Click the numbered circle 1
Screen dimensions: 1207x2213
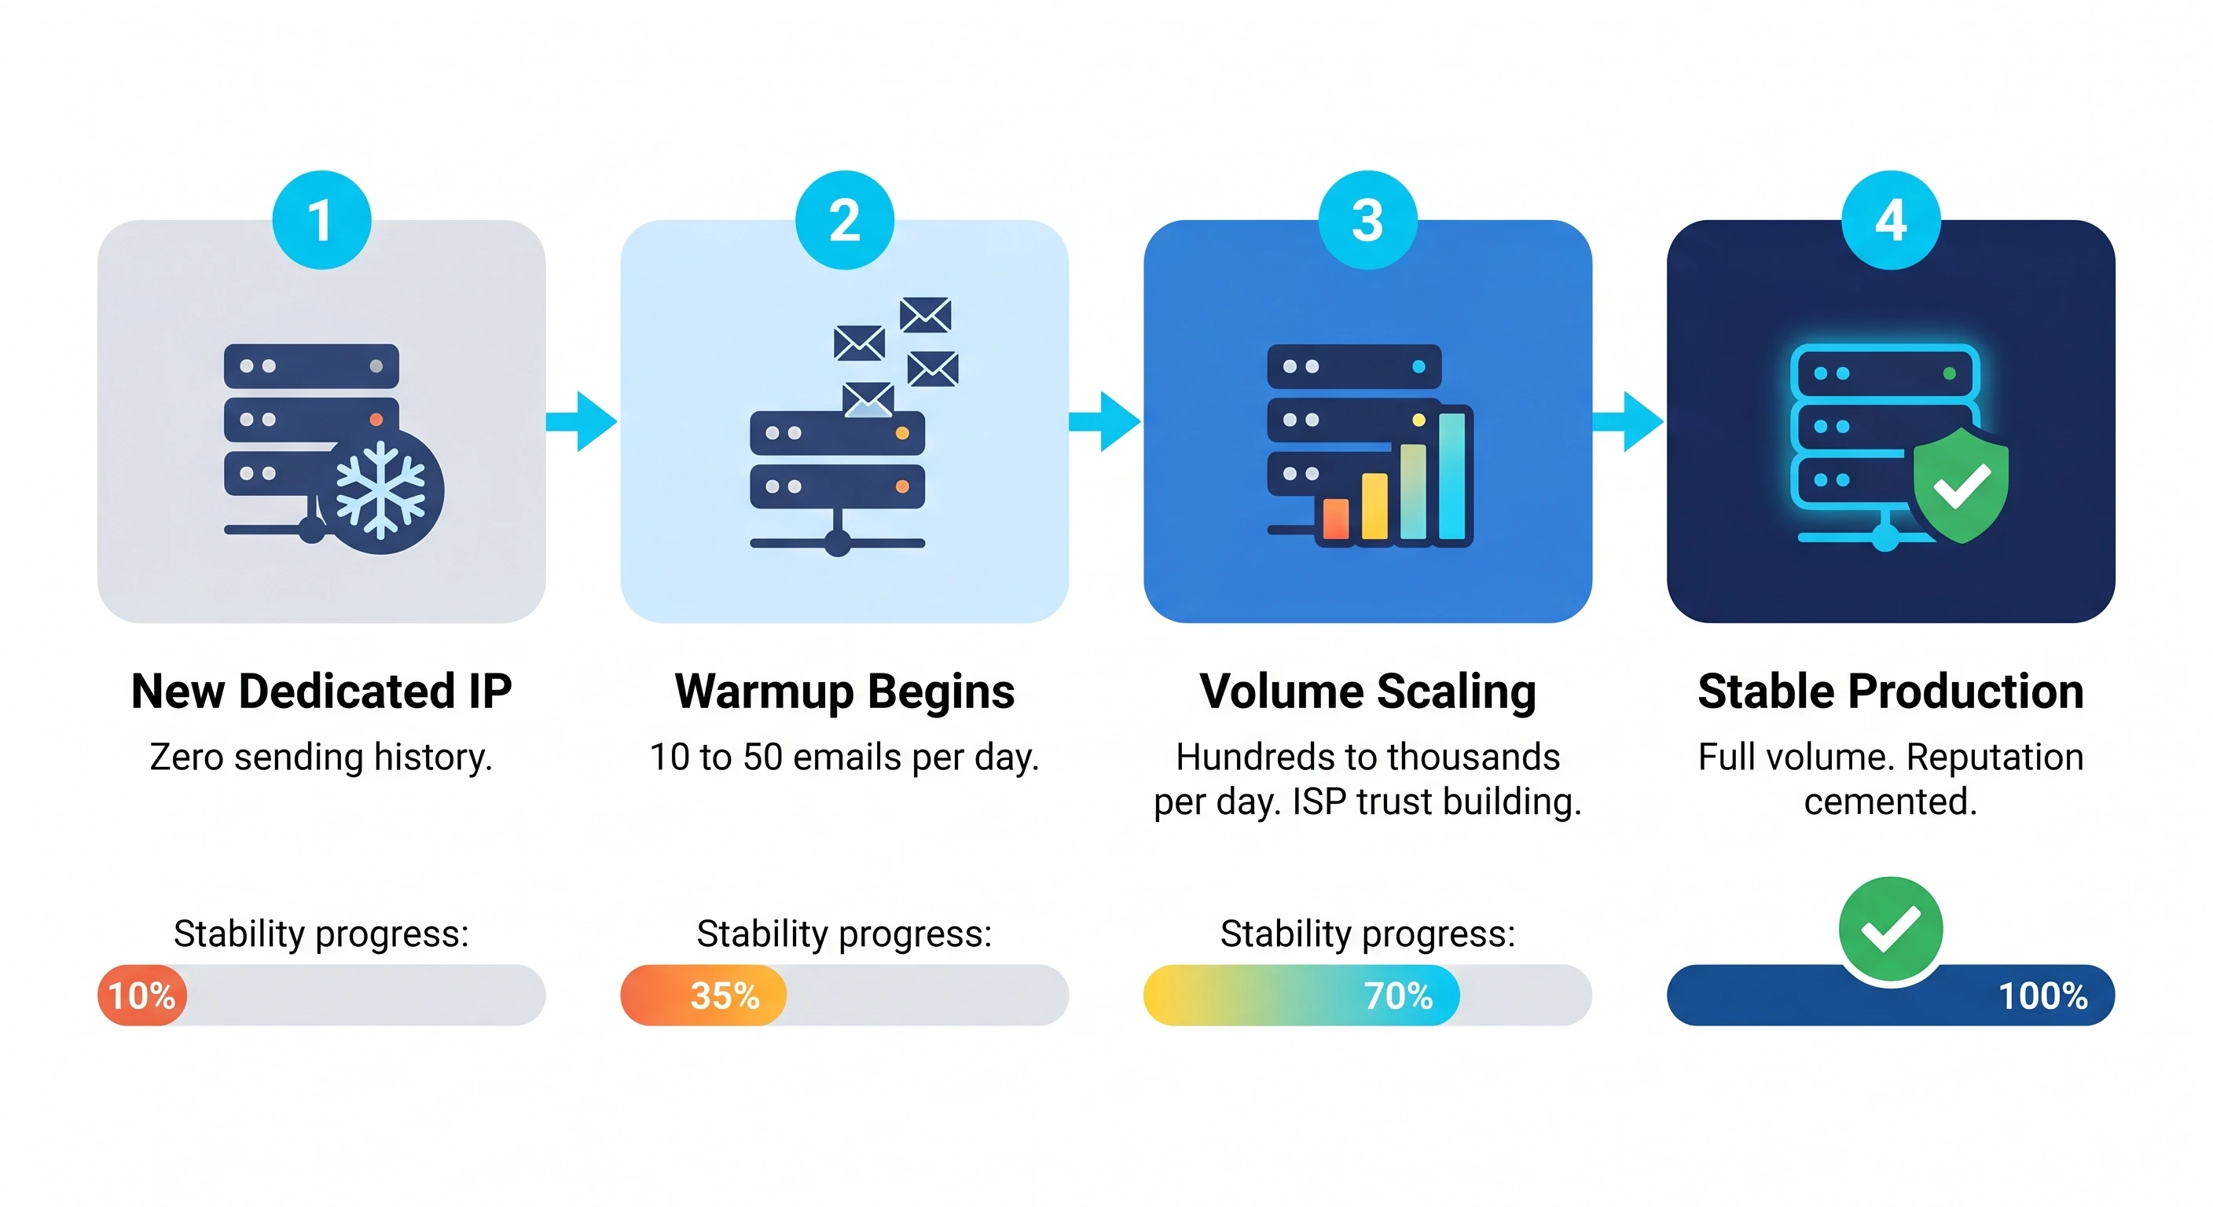(x=321, y=220)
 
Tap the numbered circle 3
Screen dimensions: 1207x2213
(x=1367, y=220)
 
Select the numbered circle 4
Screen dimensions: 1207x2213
(x=1890, y=220)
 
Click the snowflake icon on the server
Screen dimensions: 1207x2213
(x=380, y=491)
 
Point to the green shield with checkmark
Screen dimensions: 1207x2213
(x=1962, y=486)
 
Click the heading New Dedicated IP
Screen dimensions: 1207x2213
(x=321, y=692)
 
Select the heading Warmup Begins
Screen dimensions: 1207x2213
(x=845, y=692)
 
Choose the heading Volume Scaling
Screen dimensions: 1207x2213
(x=1367, y=692)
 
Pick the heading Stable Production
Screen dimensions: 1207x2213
(x=1890, y=692)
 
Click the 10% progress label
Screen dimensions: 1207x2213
(x=141, y=996)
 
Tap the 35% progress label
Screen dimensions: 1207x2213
(x=725, y=996)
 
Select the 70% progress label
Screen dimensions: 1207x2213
(x=1399, y=996)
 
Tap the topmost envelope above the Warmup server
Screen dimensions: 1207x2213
(x=925, y=314)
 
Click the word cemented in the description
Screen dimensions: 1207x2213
(x=1890, y=802)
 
